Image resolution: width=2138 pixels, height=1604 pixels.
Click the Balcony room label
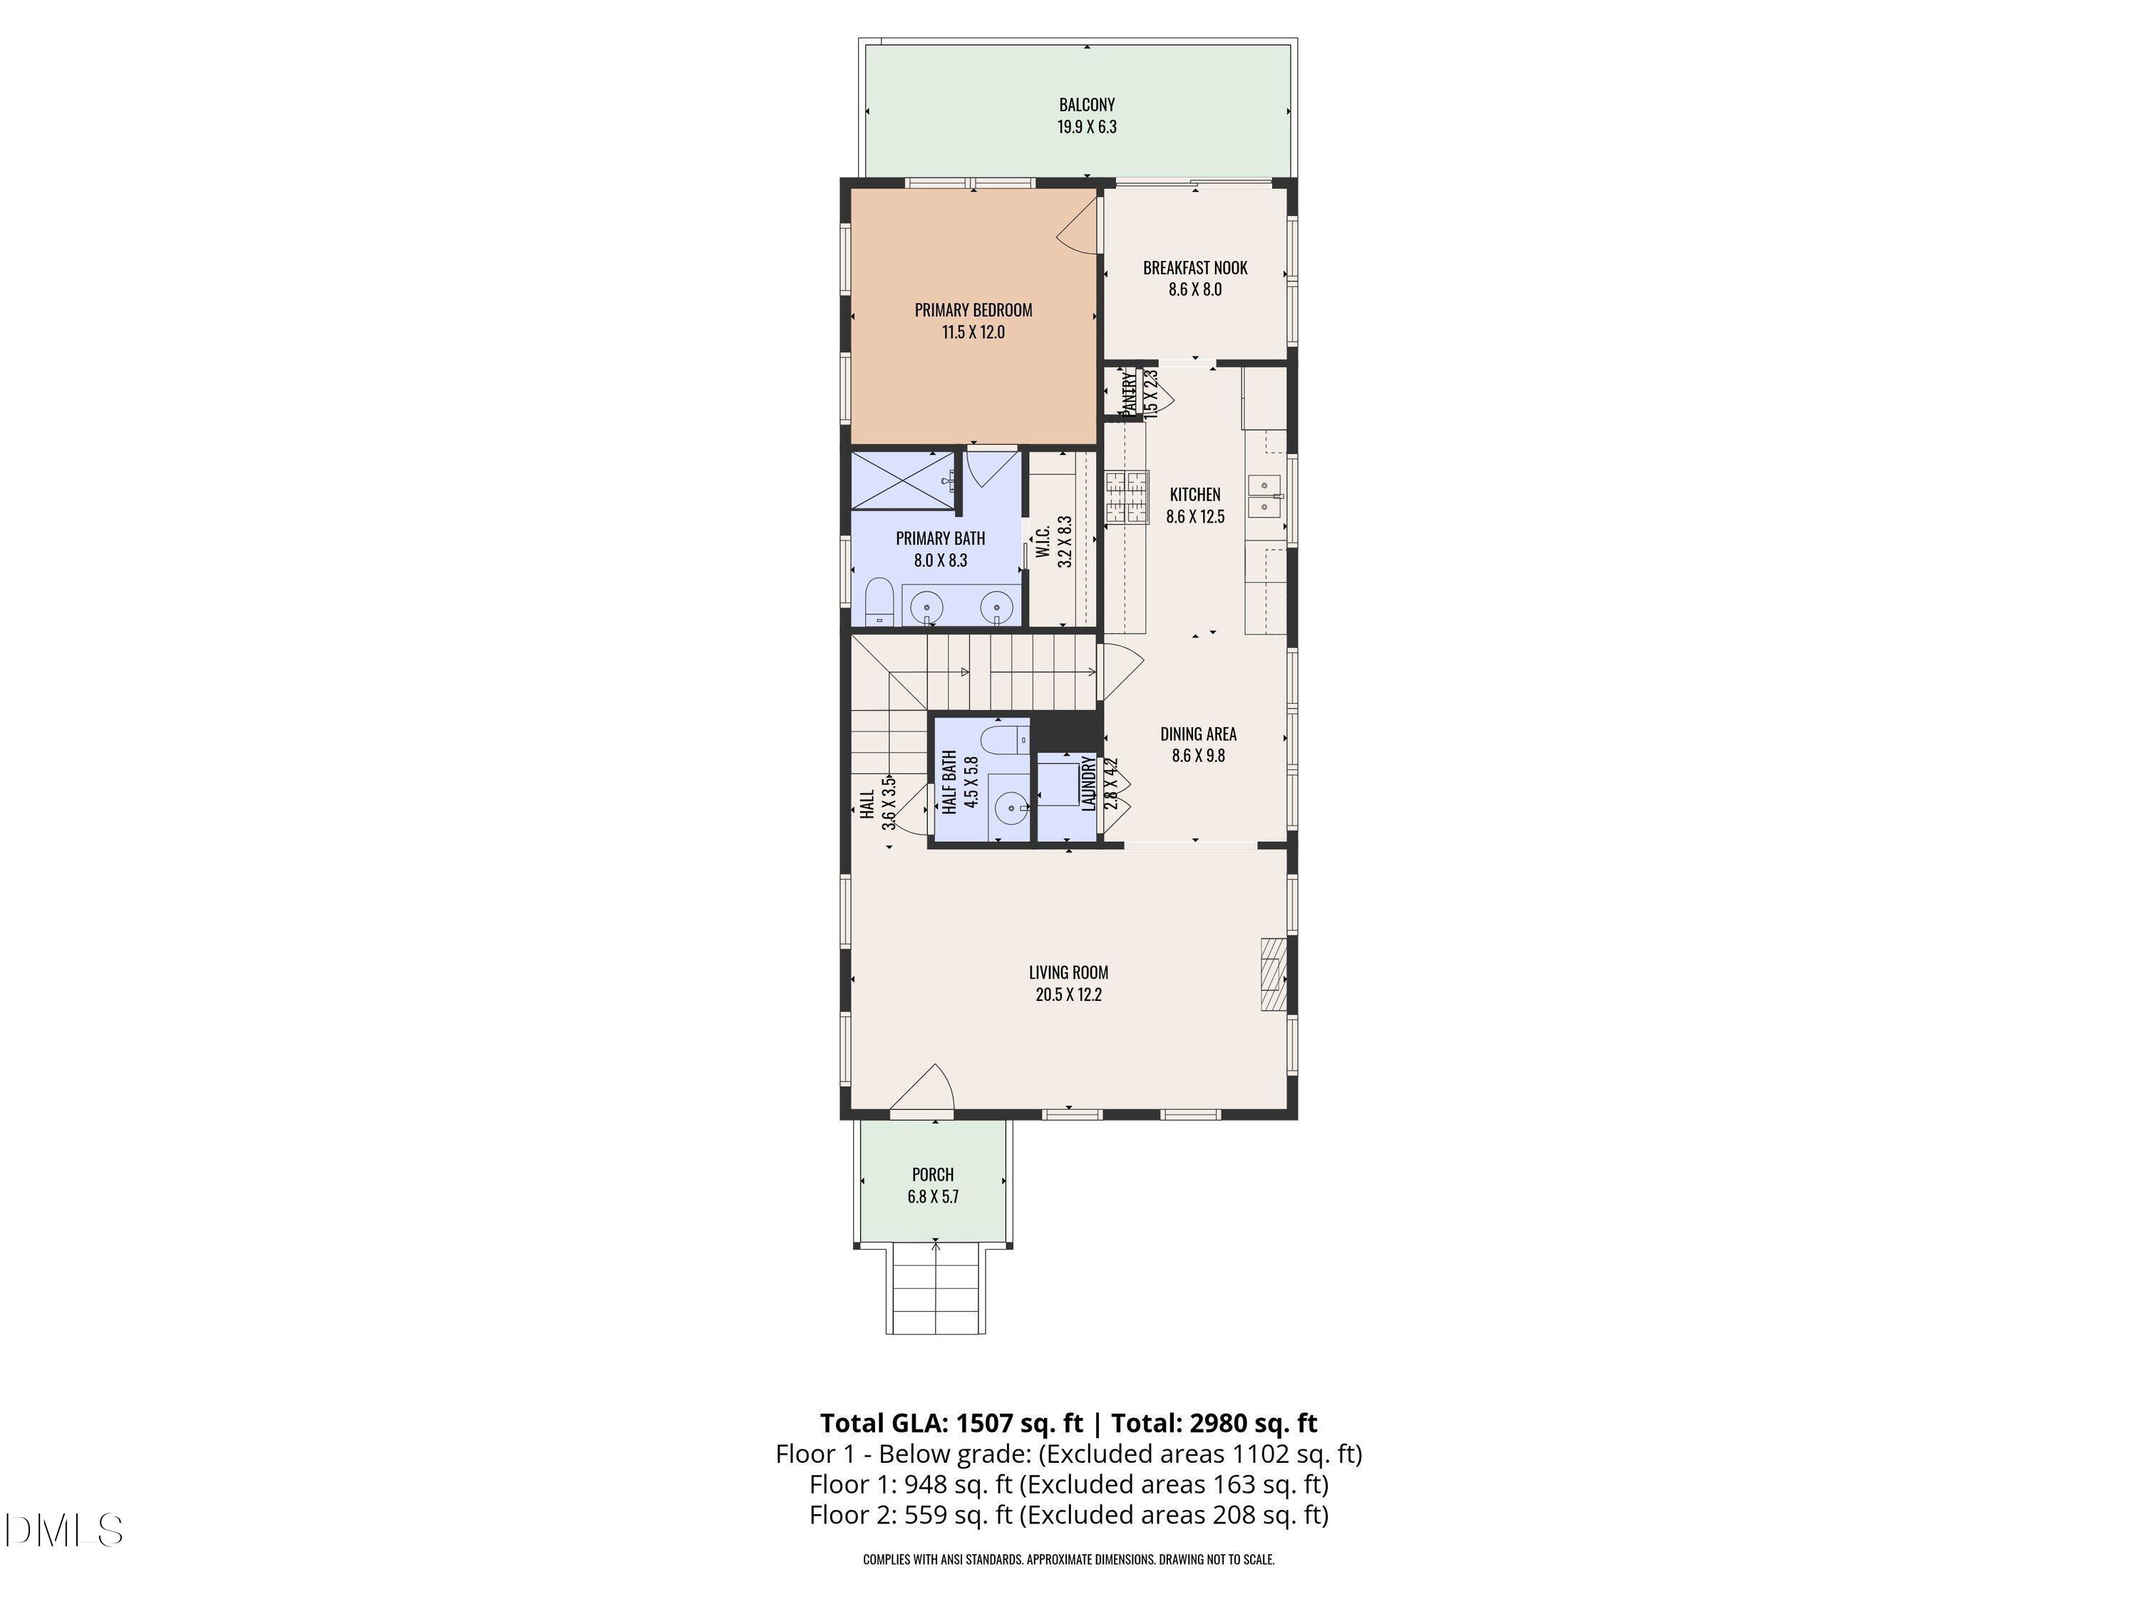1086,104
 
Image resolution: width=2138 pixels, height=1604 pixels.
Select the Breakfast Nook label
1194,268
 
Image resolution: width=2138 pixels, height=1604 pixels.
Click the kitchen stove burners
1125,497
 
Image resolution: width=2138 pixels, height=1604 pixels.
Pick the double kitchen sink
1264,494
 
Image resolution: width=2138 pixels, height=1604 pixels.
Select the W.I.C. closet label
1043,540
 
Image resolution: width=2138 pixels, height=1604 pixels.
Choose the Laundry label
1089,783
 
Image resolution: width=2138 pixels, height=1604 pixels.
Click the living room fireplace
1273,974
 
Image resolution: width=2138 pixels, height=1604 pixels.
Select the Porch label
933,1175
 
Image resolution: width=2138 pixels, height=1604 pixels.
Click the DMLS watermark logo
64,1530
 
